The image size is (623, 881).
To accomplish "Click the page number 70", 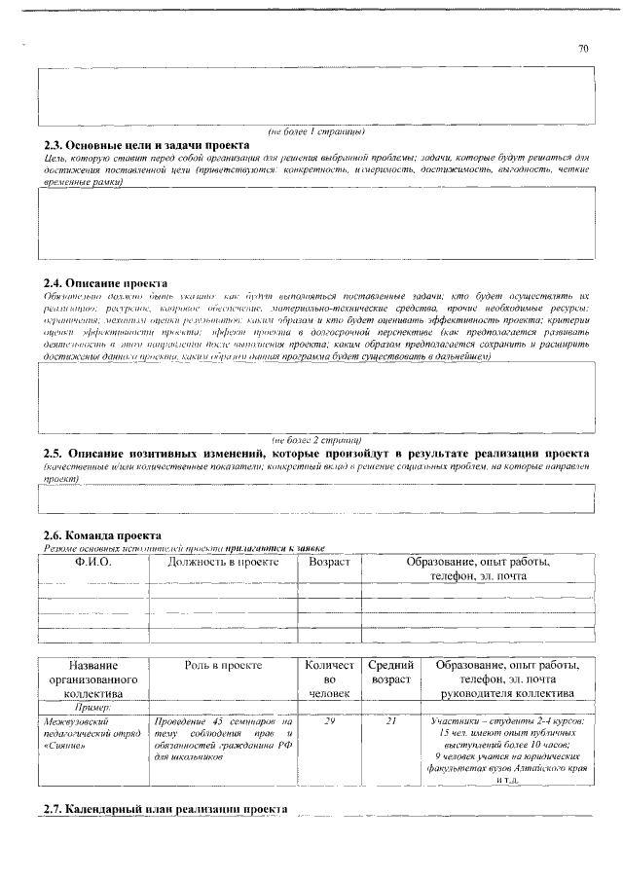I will click(x=583, y=49).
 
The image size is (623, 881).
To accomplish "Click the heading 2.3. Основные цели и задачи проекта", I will click(x=146, y=144).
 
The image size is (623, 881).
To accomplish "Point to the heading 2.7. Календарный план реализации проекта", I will click(x=165, y=809).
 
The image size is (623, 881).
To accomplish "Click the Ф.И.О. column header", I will click(x=92, y=563).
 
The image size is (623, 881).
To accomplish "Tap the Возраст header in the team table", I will click(x=329, y=563).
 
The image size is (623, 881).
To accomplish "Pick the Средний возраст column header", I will click(x=391, y=672).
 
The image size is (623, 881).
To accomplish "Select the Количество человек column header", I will click(x=329, y=679).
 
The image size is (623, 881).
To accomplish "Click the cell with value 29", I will click(x=329, y=721).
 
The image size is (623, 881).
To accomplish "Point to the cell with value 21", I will click(x=391, y=721).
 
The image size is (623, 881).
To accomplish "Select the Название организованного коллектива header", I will click(x=92, y=679).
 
